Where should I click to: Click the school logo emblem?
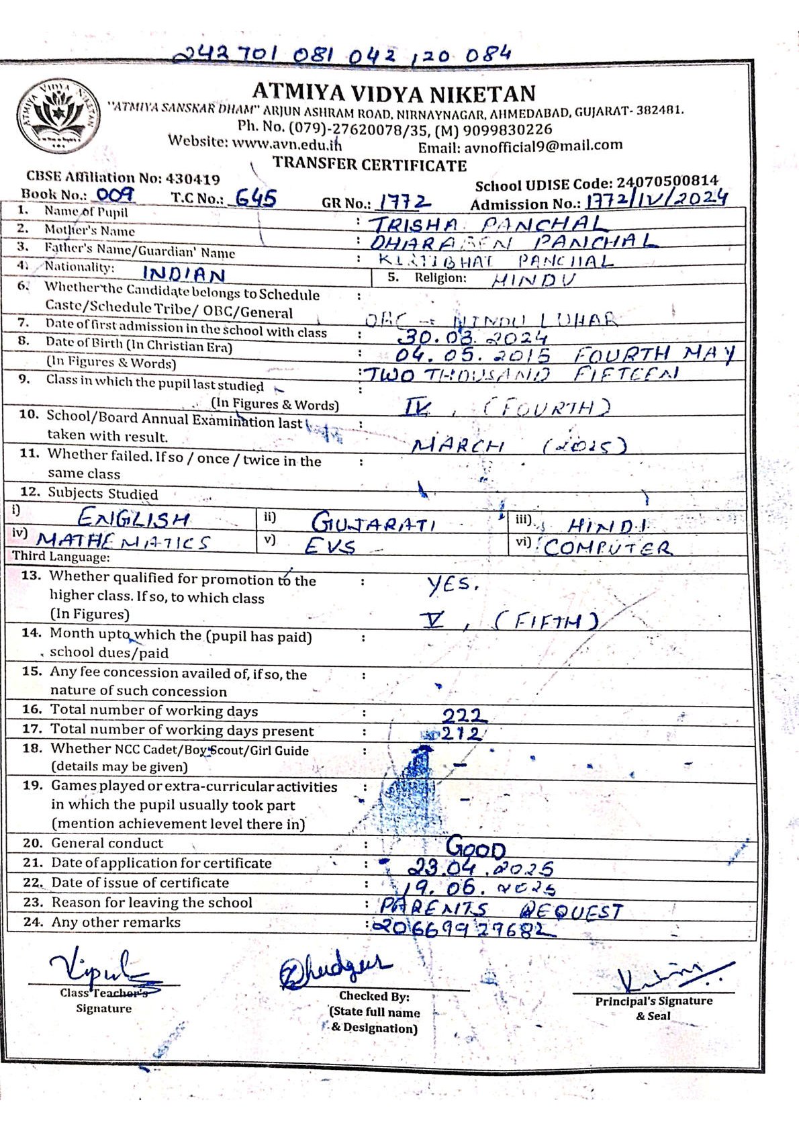pyautogui.click(x=59, y=116)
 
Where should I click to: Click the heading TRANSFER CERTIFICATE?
pyautogui.click(x=369, y=165)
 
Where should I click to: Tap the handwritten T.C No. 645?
pyautogui.click(x=256, y=198)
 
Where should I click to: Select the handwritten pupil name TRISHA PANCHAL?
pyautogui.click(x=487, y=224)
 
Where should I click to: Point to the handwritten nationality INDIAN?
pyautogui.click(x=184, y=274)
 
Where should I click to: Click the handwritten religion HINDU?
pyautogui.click(x=534, y=280)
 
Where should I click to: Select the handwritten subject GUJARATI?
pyautogui.click(x=373, y=523)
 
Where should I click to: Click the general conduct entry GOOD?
pyautogui.click(x=476, y=848)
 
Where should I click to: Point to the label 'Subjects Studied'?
pyautogui.click(x=103, y=494)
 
